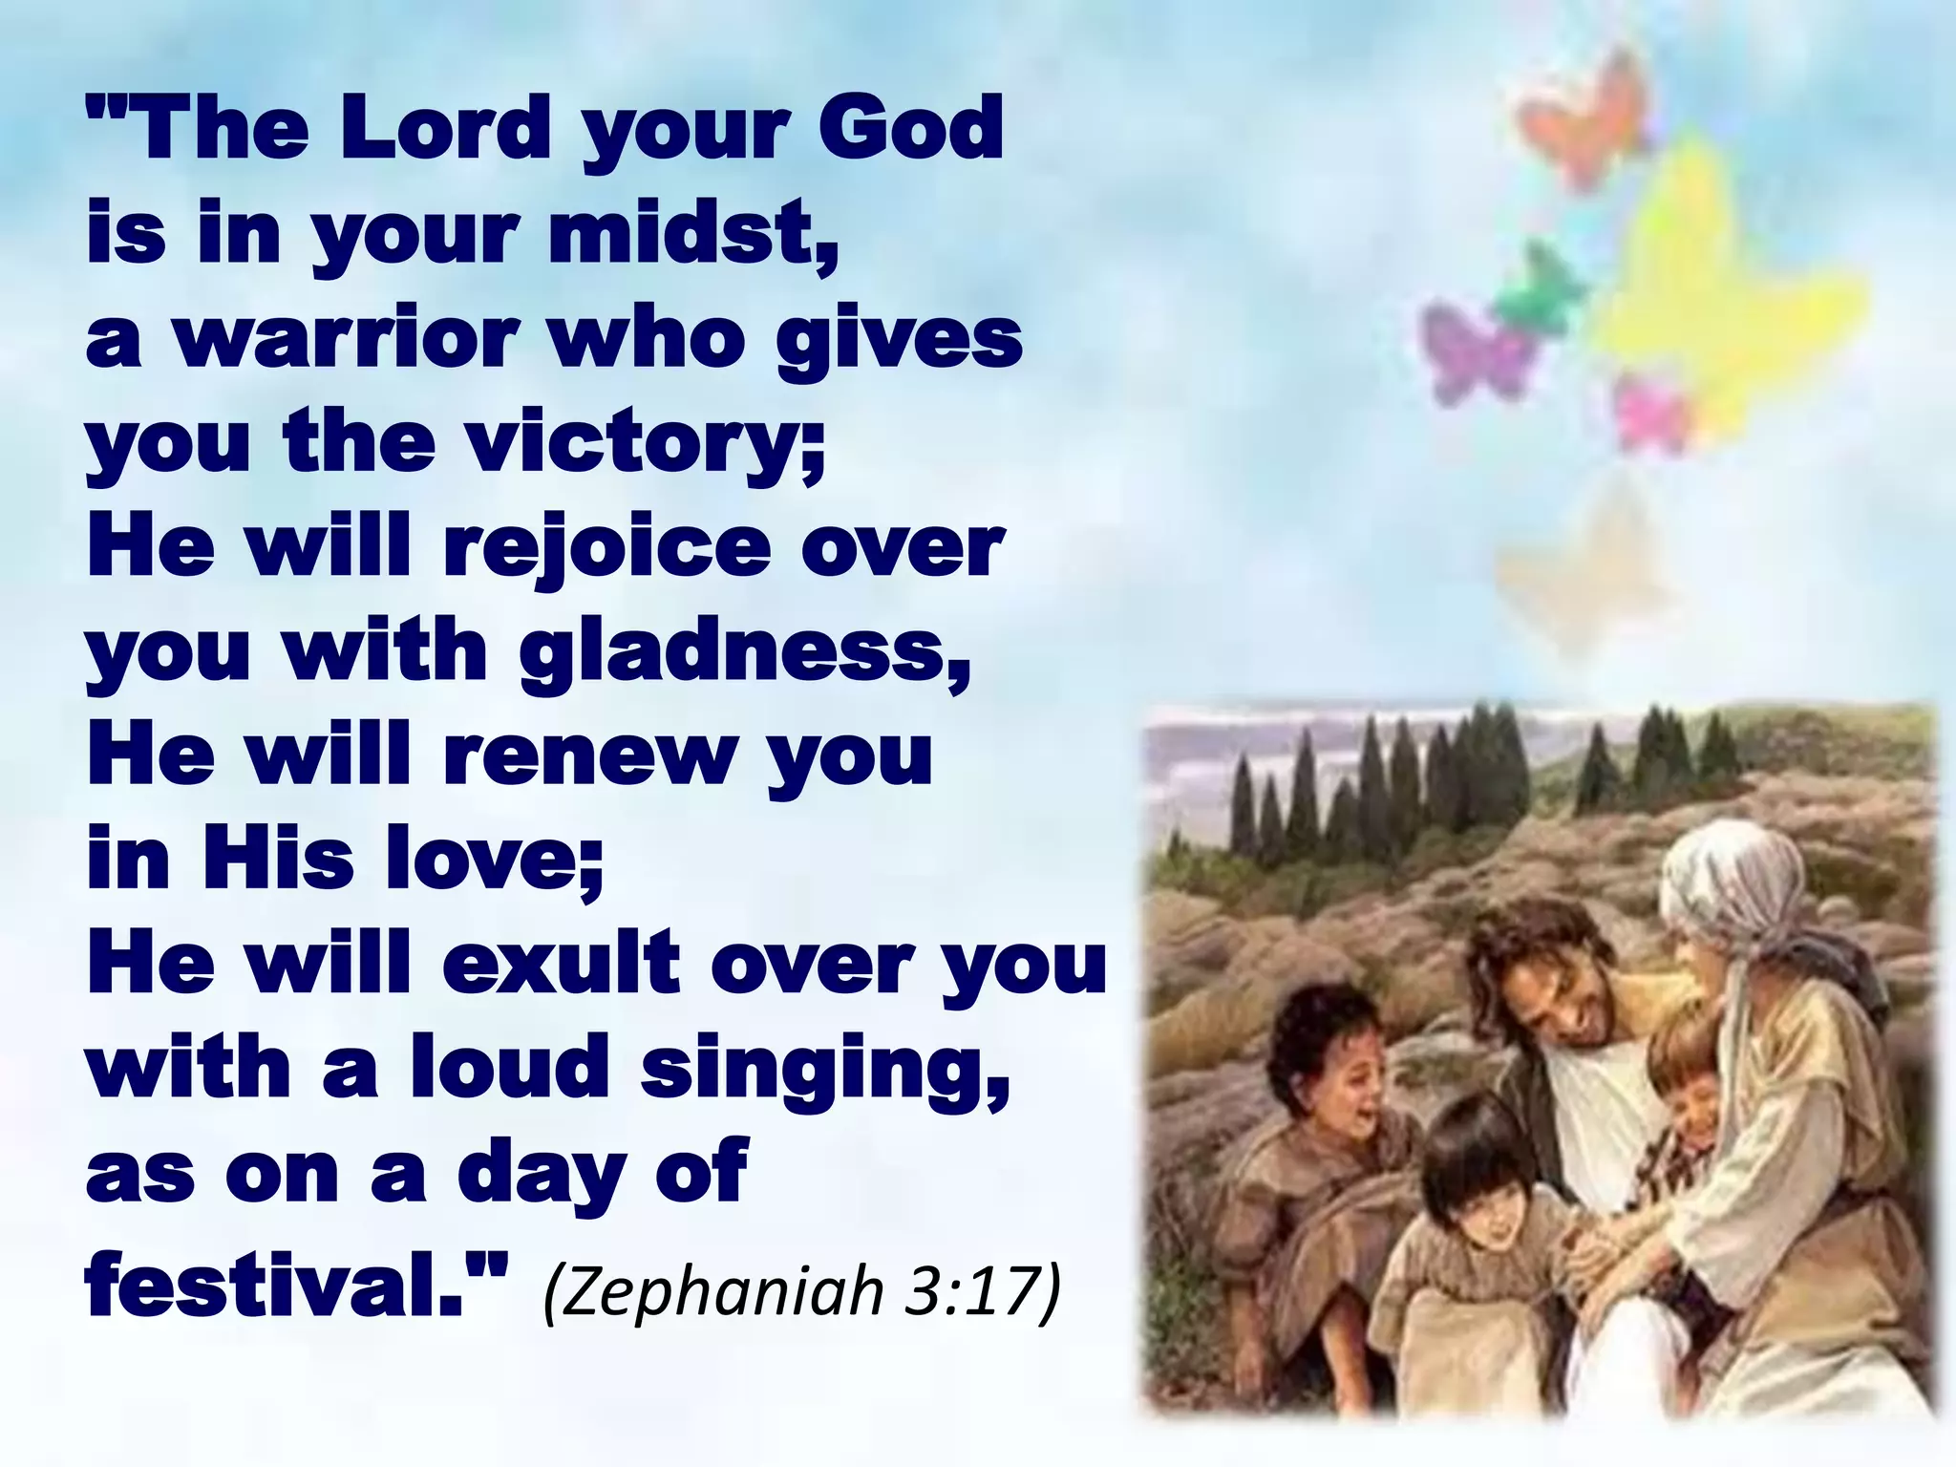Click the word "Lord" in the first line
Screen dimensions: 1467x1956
[x=445, y=129]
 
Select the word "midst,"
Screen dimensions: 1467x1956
[x=693, y=234]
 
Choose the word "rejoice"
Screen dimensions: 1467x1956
[x=606, y=548]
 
